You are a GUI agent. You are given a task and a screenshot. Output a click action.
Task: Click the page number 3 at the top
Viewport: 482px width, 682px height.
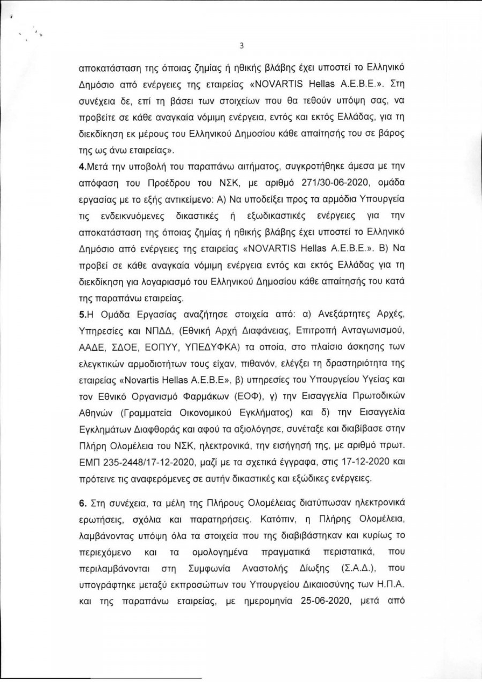tap(242, 46)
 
